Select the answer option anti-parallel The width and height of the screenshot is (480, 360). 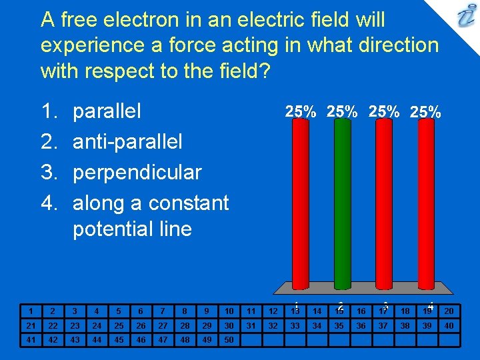[127, 141]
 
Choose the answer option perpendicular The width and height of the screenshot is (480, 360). [137, 172]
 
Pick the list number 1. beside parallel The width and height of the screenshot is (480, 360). [51, 111]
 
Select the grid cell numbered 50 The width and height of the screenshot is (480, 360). [229, 340]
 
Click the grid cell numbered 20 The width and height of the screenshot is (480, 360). [449, 311]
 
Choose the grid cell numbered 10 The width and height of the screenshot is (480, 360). [229, 311]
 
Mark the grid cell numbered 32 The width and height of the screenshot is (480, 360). [273, 325]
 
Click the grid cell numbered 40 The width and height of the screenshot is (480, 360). [449, 325]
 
